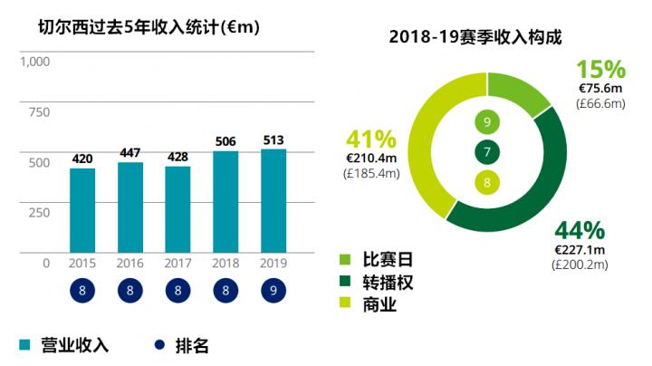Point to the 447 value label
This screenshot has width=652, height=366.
[130, 152]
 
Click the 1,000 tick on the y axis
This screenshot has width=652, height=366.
[34, 62]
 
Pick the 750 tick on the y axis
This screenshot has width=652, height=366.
[39, 112]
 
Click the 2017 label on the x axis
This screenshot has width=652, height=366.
[178, 263]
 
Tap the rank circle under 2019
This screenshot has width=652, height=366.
[273, 293]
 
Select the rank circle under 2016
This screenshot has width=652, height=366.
[130, 293]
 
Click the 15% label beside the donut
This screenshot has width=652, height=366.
[600, 70]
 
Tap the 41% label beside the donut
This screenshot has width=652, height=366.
[371, 140]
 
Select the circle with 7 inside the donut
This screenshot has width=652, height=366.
[487, 153]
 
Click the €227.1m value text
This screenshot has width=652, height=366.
[580, 249]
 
